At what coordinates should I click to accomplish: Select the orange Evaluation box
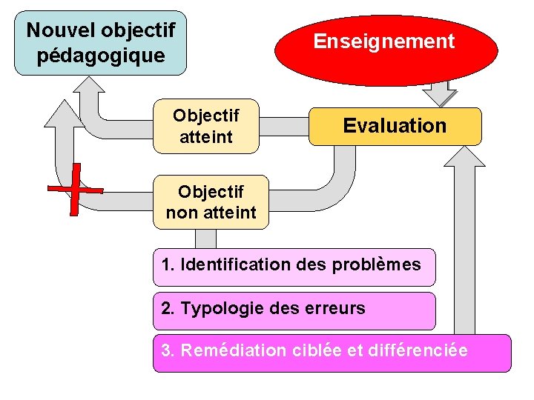[x=395, y=126]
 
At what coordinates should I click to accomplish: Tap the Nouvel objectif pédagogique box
[x=101, y=43]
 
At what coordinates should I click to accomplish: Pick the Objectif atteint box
[x=206, y=126]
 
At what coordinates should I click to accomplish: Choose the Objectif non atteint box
[x=211, y=202]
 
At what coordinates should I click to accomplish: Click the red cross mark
[x=75, y=190]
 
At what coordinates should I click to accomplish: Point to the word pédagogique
[x=101, y=56]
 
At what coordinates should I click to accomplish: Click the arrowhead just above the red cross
[x=65, y=113]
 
